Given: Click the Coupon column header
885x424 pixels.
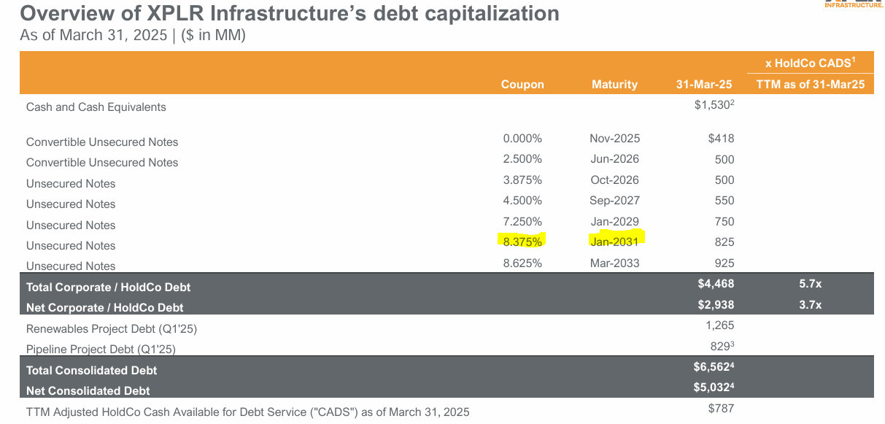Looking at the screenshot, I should point(522,85).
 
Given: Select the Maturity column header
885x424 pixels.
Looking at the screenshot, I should point(614,85).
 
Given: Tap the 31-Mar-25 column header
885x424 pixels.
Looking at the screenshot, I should point(703,85).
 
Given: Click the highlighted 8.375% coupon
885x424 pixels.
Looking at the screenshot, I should point(522,242).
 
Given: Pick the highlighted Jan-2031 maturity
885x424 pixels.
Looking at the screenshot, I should point(614,242).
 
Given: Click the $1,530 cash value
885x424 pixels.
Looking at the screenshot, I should point(713,106).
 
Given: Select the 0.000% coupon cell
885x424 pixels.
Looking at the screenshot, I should point(522,138).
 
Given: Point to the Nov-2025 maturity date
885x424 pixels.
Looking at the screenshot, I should point(614,138).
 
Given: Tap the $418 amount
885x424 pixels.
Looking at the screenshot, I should point(721,138).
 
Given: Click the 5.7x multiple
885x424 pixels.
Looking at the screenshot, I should point(810,284).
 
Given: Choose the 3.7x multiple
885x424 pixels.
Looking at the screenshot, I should point(810,304).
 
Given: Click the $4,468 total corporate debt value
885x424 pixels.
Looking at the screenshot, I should point(716,284).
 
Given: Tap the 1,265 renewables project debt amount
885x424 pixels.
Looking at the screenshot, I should point(720,325).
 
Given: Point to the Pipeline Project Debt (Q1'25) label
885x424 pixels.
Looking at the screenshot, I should point(101,350).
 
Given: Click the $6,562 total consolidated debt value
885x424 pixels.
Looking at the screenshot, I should point(714,367).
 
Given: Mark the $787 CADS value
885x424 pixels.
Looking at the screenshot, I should point(721,409).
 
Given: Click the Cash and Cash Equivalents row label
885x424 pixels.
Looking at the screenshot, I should point(96,107).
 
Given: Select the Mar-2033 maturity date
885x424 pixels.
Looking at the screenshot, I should point(614,263).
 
